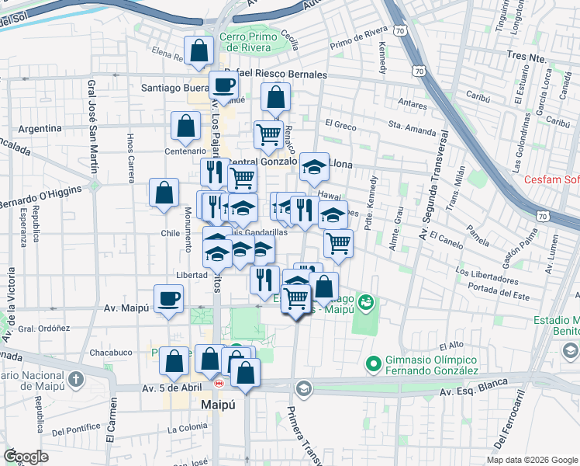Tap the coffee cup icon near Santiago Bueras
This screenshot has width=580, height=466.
point(224,85)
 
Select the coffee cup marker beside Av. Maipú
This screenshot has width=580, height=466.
point(168,298)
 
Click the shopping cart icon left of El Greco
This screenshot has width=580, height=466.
point(268,134)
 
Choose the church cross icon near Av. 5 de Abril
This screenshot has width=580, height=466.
point(75,380)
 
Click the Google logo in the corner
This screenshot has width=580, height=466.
point(26,457)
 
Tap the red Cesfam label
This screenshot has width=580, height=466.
point(552,180)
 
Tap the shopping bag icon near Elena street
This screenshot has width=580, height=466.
point(199,50)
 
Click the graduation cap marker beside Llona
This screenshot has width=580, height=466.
point(314,165)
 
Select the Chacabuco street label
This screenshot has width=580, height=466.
point(110,352)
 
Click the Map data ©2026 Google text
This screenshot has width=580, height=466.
point(531,460)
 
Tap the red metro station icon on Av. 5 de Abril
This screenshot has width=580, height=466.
point(219,382)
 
